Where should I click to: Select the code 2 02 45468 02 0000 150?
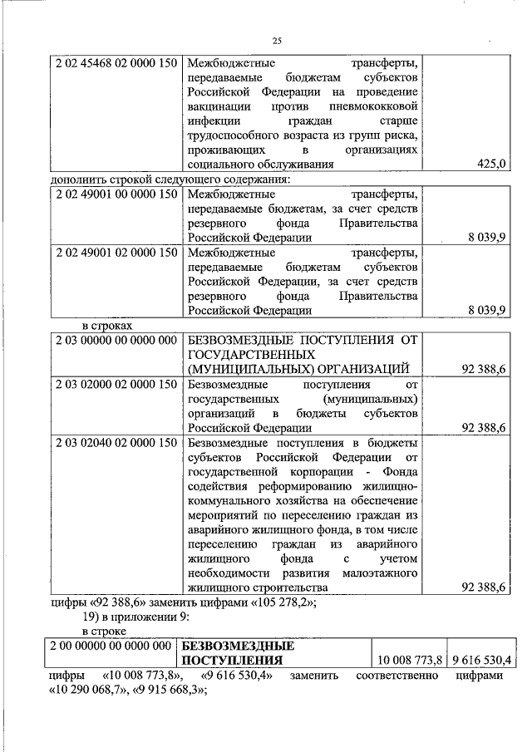tap(116, 62)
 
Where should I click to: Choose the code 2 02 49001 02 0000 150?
tap(116, 253)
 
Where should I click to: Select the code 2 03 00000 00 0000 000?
tap(116, 340)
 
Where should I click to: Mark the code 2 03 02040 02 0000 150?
tap(116, 442)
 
